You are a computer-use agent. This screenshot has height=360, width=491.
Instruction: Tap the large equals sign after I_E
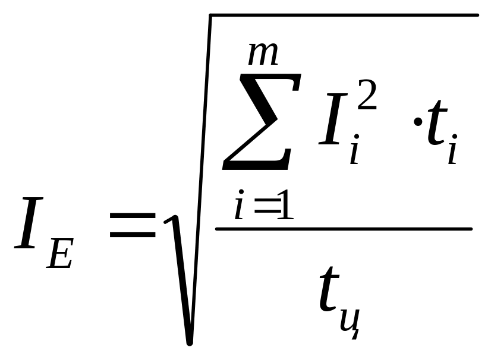tap(132, 228)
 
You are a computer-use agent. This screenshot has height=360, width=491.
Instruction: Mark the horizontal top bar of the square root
tap(345, 14)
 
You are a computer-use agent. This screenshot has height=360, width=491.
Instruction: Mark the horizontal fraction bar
tap(344, 229)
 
